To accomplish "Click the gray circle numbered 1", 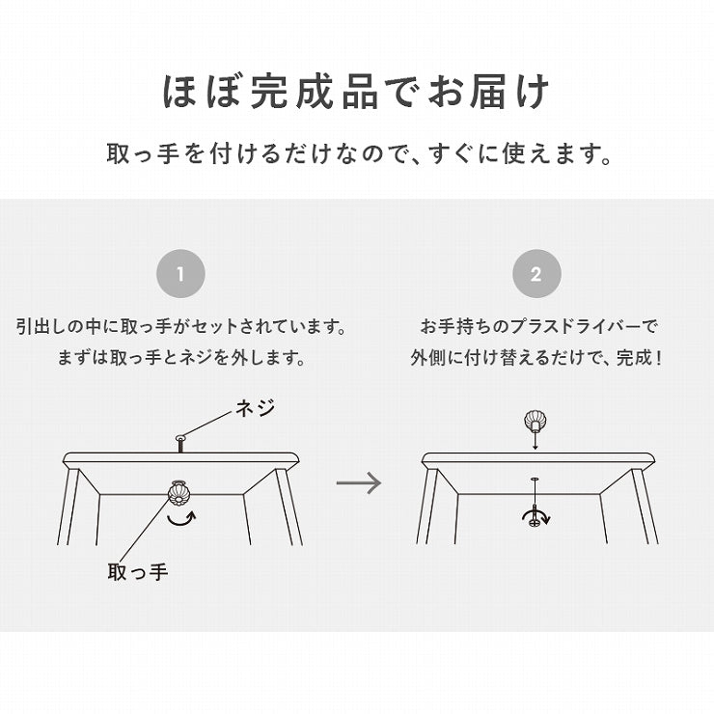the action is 180,274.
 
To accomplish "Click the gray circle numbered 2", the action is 536,274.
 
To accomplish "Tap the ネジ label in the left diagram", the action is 256,407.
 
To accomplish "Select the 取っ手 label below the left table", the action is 138,571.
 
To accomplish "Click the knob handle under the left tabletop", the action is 178,494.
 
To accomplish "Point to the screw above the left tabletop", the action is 180,444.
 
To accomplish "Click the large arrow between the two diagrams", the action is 359,482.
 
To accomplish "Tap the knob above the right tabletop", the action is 535,421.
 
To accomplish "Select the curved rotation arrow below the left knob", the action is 181,519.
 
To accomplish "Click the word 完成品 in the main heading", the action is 315,92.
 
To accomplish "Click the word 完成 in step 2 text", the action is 634,358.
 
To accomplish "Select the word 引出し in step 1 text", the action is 41,326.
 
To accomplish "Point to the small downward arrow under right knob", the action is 535,440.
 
